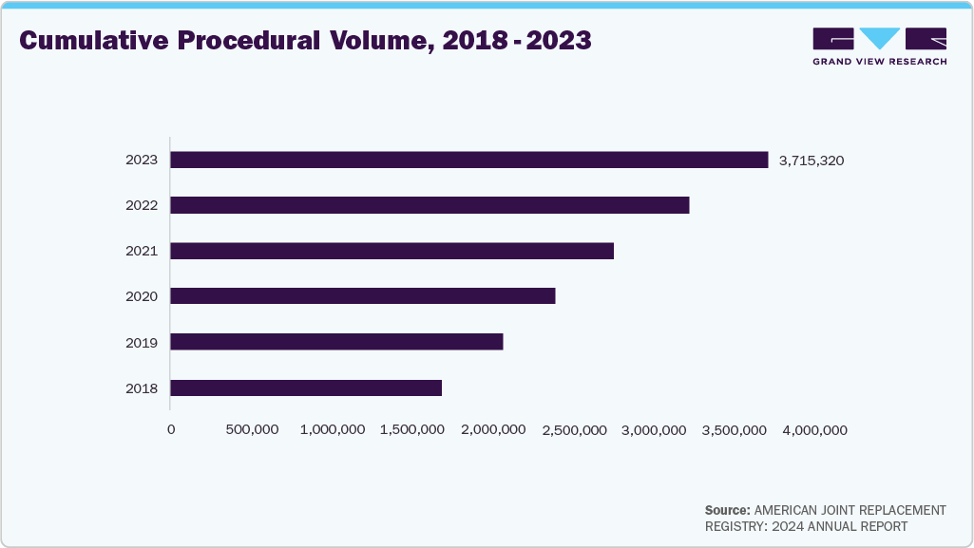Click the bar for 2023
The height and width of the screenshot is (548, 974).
468,160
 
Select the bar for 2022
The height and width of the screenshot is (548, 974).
430,205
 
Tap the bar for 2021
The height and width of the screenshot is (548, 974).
392,251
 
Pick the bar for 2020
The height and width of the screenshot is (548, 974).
362,296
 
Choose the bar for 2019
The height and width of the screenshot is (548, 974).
336,342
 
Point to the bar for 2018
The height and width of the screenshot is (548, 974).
306,387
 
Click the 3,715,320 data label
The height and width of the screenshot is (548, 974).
811,161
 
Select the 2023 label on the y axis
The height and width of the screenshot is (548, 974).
142,160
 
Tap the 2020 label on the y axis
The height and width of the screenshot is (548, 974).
142,296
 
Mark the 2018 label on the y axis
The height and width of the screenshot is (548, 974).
142,387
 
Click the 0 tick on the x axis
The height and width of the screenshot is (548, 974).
171,430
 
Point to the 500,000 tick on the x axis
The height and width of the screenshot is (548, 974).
252,430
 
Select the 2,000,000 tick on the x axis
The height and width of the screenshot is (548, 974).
493,430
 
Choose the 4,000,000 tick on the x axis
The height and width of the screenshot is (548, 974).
814,430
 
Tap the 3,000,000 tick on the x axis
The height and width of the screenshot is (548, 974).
654,430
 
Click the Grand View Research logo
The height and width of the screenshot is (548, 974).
879,47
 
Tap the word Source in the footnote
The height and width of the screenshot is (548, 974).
727,510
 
